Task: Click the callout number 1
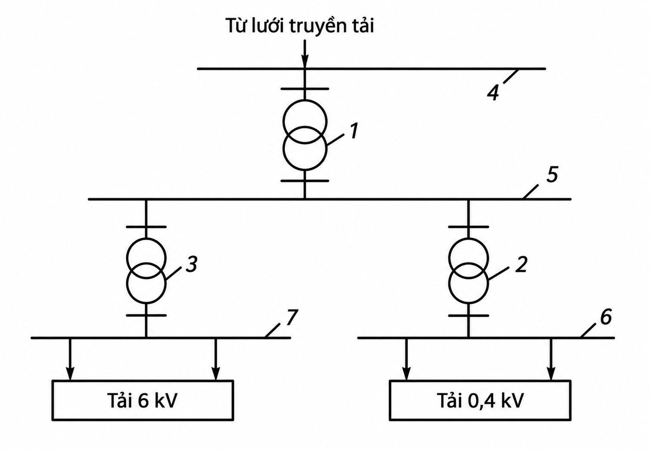pyautogui.click(x=354, y=131)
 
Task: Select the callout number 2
pyautogui.click(x=521, y=264)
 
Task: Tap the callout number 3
pyautogui.click(x=192, y=264)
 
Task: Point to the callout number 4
pyautogui.click(x=493, y=93)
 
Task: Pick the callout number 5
pyautogui.click(x=553, y=174)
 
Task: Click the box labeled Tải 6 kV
pyautogui.click(x=143, y=400)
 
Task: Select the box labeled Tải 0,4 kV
pyautogui.click(x=480, y=400)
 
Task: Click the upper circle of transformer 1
pyautogui.click(x=305, y=100)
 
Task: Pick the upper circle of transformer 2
pyautogui.click(x=469, y=238)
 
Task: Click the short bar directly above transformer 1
pyautogui.click(x=305, y=88)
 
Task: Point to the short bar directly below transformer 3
pyautogui.click(x=146, y=315)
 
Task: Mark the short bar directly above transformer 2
pyautogui.click(x=469, y=227)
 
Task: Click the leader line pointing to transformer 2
pyautogui.click(x=498, y=274)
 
